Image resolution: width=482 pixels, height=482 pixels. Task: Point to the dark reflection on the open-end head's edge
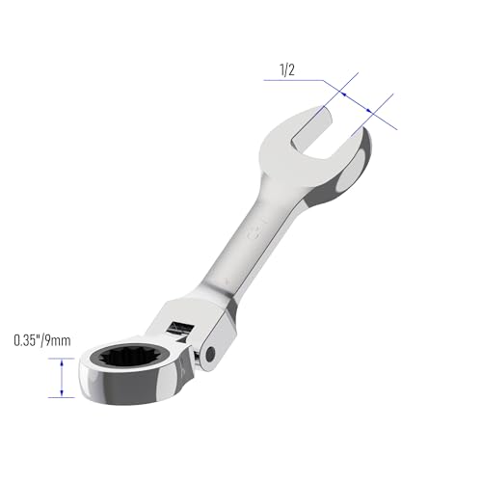tap(359, 154)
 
